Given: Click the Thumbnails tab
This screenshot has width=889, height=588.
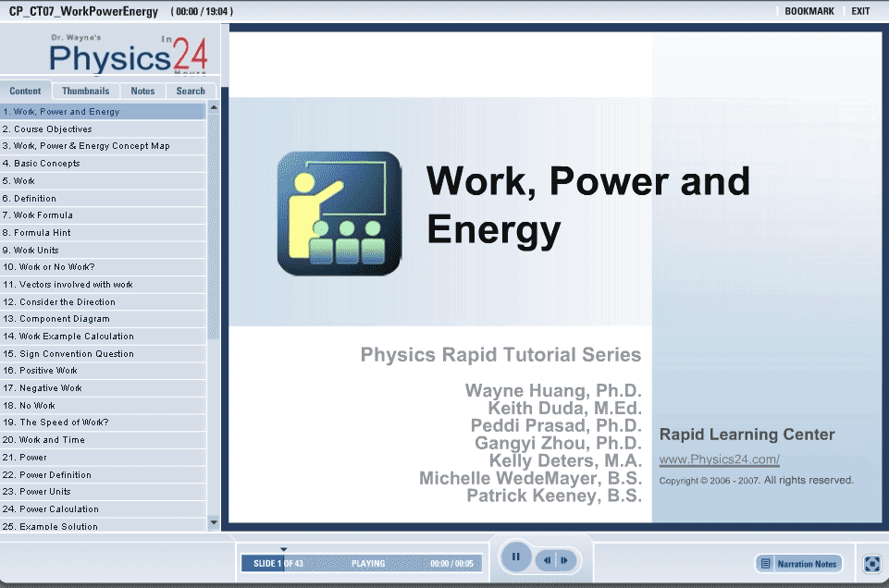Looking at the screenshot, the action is point(86,91).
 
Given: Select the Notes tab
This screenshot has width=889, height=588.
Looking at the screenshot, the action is point(142,91).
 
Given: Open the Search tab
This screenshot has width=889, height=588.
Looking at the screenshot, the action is point(191,91).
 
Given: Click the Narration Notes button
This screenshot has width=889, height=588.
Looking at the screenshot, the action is point(799,564).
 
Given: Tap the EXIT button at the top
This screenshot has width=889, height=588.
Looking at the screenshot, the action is point(860,11).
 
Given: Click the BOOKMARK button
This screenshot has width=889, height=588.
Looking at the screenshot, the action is point(809,11).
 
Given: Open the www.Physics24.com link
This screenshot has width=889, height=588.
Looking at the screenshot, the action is point(719,459).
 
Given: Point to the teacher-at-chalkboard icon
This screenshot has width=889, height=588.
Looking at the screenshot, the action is point(340,214).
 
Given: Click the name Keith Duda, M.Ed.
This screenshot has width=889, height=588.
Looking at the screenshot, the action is point(564,408).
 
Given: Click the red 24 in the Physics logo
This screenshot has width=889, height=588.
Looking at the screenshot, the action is point(190,55).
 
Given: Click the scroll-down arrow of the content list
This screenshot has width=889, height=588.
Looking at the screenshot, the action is point(214,522).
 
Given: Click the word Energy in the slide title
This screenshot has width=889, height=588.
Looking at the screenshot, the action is point(494,230).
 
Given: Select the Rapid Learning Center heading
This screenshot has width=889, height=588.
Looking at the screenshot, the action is point(747,435).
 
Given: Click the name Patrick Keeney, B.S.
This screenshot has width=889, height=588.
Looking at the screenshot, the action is point(554,496).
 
